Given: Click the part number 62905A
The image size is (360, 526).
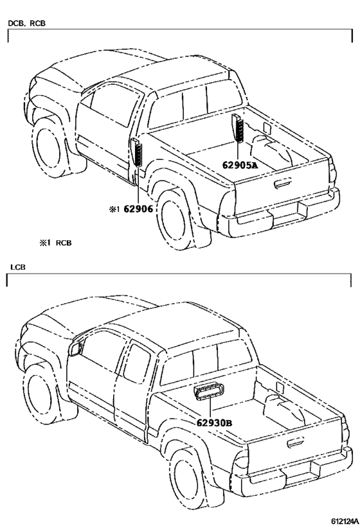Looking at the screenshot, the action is [240, 165].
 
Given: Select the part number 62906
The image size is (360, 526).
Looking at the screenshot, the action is [138, 209].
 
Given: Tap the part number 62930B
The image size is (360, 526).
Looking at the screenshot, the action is [214, 423].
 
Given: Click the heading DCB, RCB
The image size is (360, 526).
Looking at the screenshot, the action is [26, 24].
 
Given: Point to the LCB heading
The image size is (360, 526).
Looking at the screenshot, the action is [17, 267].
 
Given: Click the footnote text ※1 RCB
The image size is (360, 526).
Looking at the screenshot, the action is [55, 243].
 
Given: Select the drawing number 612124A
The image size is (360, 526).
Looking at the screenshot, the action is [345, 521].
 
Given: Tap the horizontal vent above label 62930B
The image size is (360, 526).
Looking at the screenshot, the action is [209, 392].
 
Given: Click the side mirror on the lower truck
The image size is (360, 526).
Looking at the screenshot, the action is [76, 349].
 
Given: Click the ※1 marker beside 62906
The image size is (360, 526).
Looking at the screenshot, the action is [114, 209].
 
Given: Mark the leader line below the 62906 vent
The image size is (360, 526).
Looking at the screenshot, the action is [138, 185].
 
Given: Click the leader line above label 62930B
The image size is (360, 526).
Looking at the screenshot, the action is [210, 408].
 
